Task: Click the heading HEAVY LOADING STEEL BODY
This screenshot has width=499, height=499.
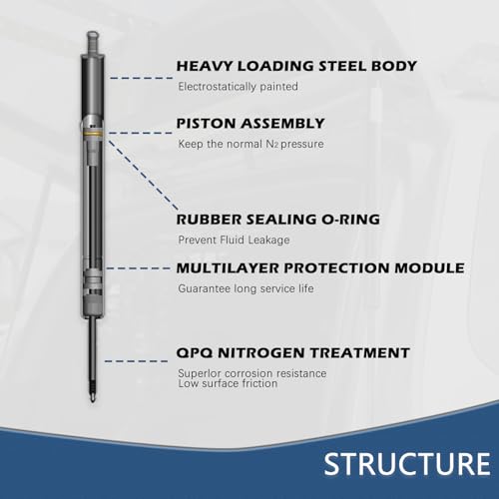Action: coord(296,66)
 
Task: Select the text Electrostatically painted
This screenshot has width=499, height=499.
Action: coord(238,87)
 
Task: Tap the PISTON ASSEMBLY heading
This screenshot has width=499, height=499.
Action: coord(250,124)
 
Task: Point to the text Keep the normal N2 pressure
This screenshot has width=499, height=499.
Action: coord(250,144)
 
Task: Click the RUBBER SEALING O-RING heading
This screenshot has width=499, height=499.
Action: coord(278,220)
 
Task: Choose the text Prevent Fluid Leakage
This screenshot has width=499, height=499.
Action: coord(234,240)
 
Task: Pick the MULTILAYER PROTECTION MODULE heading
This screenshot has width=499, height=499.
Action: coord(320,268)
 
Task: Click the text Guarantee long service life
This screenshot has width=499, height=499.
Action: coord(246,288)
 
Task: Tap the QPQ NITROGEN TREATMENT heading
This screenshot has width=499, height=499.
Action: coord(292,352)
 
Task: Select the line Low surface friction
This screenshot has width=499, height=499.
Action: coord(228,383)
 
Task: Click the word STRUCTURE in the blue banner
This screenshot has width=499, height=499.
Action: coord(407,463)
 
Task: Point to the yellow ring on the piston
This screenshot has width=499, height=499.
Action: coord(93,133)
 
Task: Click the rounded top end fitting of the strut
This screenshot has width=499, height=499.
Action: coord(93,41)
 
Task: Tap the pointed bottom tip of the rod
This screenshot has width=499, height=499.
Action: coord(93,399)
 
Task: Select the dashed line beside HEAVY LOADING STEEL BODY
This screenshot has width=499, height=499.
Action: coord(142,78)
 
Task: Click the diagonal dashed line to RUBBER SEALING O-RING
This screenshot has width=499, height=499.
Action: coord(144,176)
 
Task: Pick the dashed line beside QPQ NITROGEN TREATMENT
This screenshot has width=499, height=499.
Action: coord(136,361)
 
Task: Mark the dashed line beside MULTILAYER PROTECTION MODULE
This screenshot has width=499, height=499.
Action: coord(139,268)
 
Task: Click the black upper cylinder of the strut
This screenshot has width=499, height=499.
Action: coord(93,87)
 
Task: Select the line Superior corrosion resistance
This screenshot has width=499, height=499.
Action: coord(252,373)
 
